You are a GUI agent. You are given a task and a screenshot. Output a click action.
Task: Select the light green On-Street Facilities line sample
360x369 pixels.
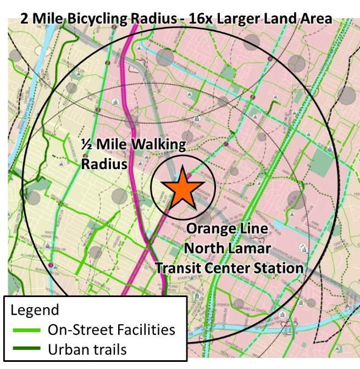(x=25, y=330)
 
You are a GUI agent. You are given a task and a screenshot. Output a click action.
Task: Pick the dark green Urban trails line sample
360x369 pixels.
(x=25, y=349)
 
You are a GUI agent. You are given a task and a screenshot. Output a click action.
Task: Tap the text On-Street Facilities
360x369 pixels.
(x=111, y=329)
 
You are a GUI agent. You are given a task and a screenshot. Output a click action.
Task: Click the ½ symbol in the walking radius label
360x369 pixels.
(x=86, y=145)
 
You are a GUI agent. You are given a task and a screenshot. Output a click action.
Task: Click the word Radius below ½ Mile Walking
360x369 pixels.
(x=104, y=164)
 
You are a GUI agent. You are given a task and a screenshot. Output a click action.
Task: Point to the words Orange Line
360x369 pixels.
(x=226, y=229)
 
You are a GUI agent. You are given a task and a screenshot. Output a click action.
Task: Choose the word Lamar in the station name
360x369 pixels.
(x=250, y=248)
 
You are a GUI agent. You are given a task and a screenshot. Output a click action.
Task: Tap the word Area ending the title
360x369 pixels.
(x=317, y=19)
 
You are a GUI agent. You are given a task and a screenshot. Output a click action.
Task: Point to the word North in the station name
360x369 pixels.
(x=204, y=248)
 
